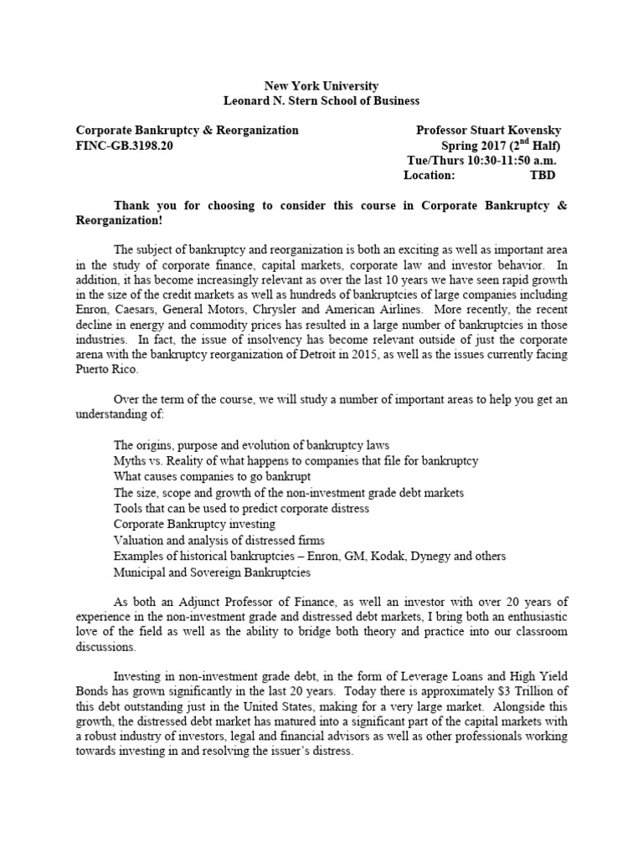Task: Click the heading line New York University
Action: coord(321,85)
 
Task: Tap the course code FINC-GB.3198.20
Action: coord(125,146)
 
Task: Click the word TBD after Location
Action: coord(542,175)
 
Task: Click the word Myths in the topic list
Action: coord(131,461)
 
